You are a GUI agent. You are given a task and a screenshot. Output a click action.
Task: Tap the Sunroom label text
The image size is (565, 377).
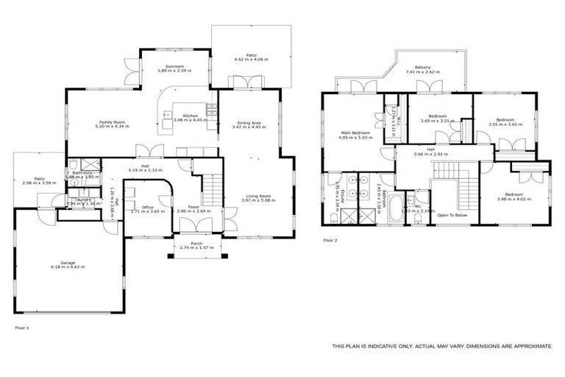click(x=174, y=66)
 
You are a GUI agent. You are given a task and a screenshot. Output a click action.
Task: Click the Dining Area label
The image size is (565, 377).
click(x=249, y=122)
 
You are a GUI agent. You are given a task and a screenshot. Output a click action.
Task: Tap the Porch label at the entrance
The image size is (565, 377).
click(x=196, y=243)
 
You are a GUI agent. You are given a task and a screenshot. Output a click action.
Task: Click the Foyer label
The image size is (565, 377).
click(x=194, y=207)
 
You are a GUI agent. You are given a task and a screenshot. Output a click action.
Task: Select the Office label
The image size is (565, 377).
click(x=148, y=207)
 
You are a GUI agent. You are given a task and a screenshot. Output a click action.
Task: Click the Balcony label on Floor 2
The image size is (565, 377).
click(x=422, y=68)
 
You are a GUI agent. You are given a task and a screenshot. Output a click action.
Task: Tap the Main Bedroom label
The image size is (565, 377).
click(x=354, y=133)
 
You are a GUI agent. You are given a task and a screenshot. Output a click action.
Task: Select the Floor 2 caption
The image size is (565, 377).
click(x=330, y=240)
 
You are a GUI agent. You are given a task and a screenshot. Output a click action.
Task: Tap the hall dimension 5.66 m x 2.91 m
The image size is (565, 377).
click(x=430, y=155)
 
